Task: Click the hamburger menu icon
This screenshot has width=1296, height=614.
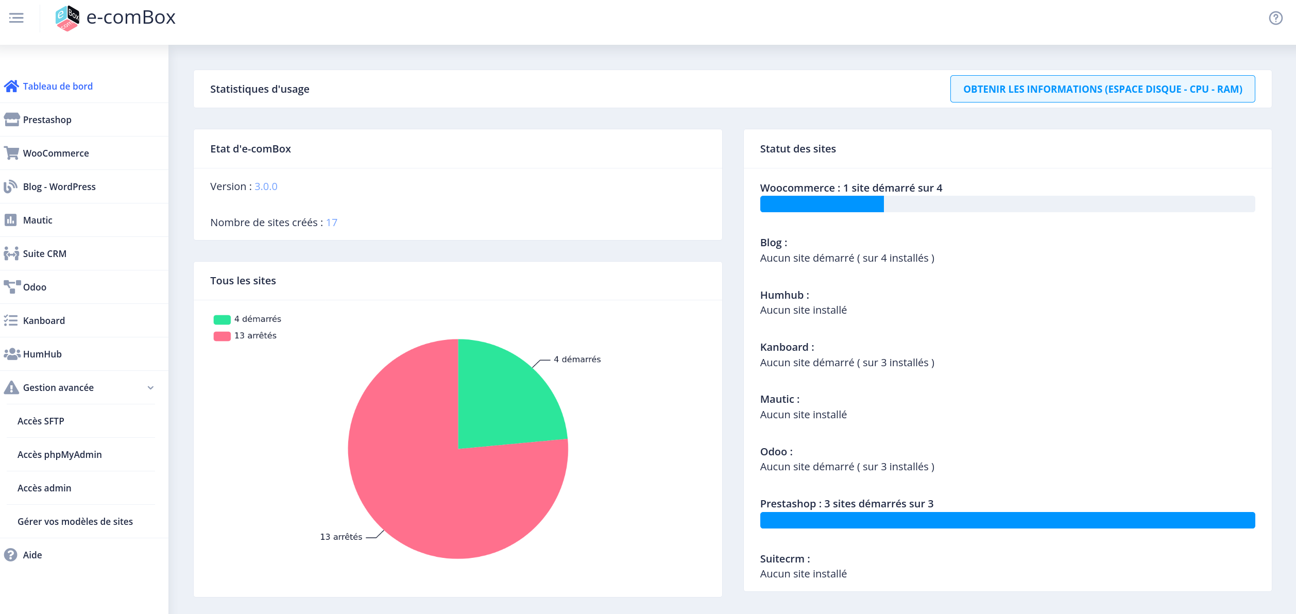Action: tap(16, 18)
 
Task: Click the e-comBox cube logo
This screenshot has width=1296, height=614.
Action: tap(67, 18)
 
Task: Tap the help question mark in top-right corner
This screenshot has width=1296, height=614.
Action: tap(1275, 18)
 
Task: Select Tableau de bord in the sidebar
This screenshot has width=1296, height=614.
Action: tap(58, 86)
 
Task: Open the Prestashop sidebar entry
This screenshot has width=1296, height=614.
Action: tap(47, 120)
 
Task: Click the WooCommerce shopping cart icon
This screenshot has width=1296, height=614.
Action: tap(11, 153)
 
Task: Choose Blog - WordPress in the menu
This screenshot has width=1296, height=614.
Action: tap(59, 186)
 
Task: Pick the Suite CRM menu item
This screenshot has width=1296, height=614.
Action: tap(45, 253)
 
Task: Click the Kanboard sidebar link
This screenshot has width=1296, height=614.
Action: tap(44, 320)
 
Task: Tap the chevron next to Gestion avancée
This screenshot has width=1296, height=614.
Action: tap(150, 388)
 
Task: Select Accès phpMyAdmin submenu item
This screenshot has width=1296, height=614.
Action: tap(60, 454)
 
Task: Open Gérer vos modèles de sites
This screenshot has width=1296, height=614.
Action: tap(75, 521)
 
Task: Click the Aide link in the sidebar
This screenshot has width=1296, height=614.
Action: tap(32, 555)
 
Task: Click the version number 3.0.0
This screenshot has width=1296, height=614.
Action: tap(266, 186)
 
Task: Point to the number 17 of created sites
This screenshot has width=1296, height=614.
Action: tap(332, 223)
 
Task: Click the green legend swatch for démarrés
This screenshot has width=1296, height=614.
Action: tap(222, 319)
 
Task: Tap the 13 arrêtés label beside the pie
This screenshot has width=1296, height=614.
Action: tap(341, 537)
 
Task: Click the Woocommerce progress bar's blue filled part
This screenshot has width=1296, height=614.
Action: tap(822, 204)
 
